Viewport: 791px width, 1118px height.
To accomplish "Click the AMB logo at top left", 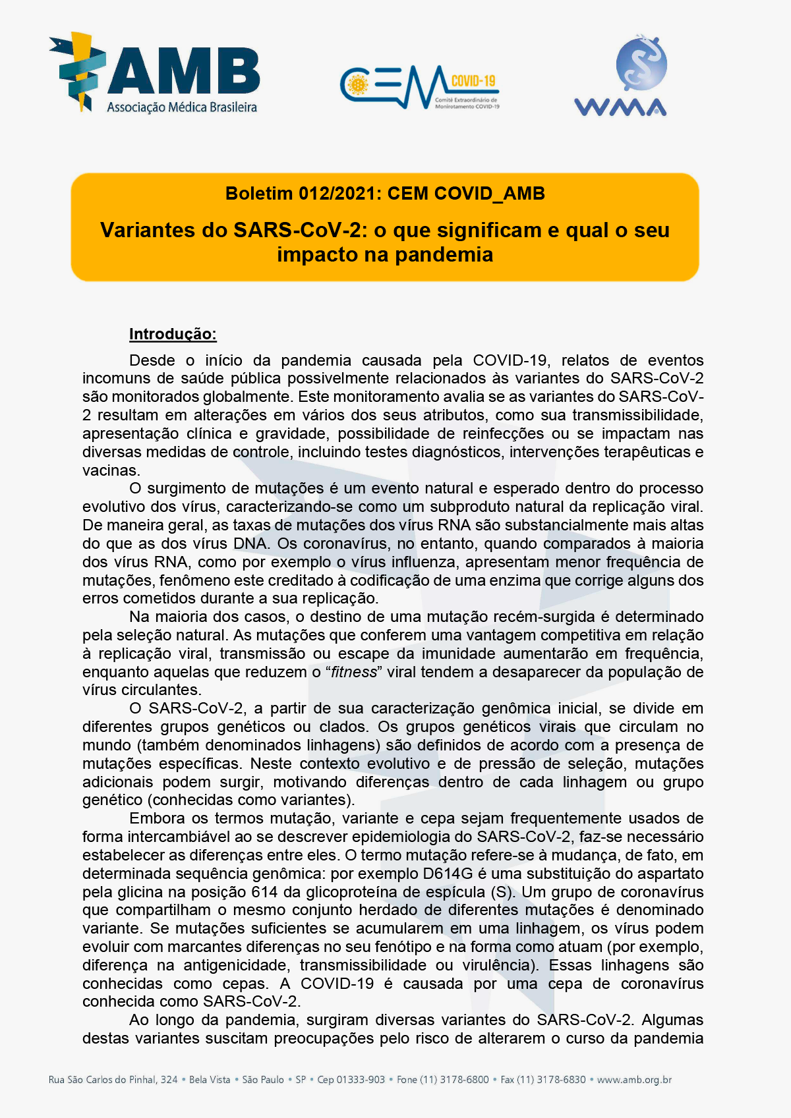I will pos(154,72).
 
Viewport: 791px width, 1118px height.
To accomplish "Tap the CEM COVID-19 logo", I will pos(419,87).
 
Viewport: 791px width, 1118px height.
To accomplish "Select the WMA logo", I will pos(621,77).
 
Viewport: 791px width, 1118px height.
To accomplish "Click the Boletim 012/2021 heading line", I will pos(385,194).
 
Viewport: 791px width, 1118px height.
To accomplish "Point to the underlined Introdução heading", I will pos(173,334).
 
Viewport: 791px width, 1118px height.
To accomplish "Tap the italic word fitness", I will pos(354,672).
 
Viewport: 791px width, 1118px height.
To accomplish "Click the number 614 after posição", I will pos(264,892).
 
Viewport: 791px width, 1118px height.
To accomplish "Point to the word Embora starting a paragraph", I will pos(157,818).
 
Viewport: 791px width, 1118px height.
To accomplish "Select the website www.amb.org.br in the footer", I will pos(634,1080).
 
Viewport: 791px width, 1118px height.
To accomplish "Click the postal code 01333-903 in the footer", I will pos(361,1080).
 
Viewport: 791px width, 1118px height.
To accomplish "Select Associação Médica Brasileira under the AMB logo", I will pos(182,107).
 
